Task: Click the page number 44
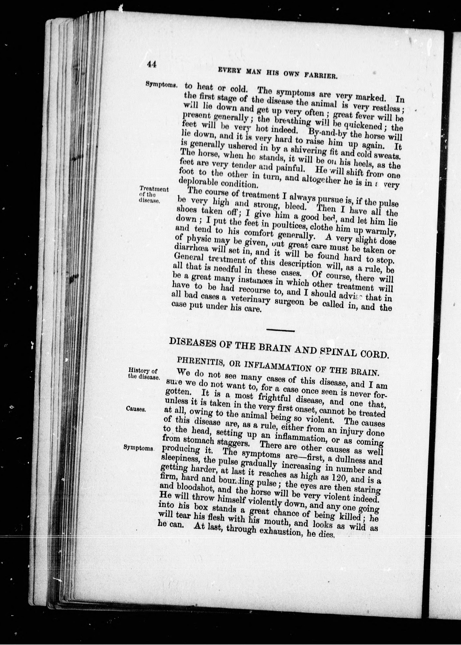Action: [152, 65]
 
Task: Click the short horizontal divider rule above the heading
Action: [280, 330]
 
